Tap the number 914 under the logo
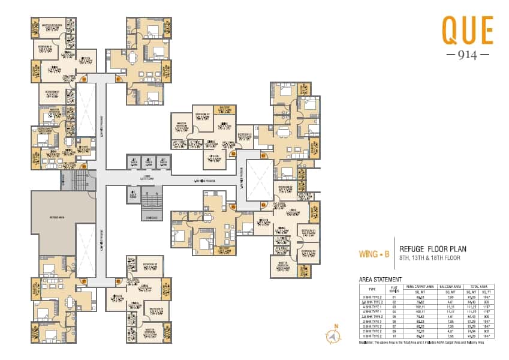[468, 54]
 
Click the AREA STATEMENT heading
[381, 280]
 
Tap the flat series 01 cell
[394, 296]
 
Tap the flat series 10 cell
[394, 337]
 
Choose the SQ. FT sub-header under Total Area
[490, 291]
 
